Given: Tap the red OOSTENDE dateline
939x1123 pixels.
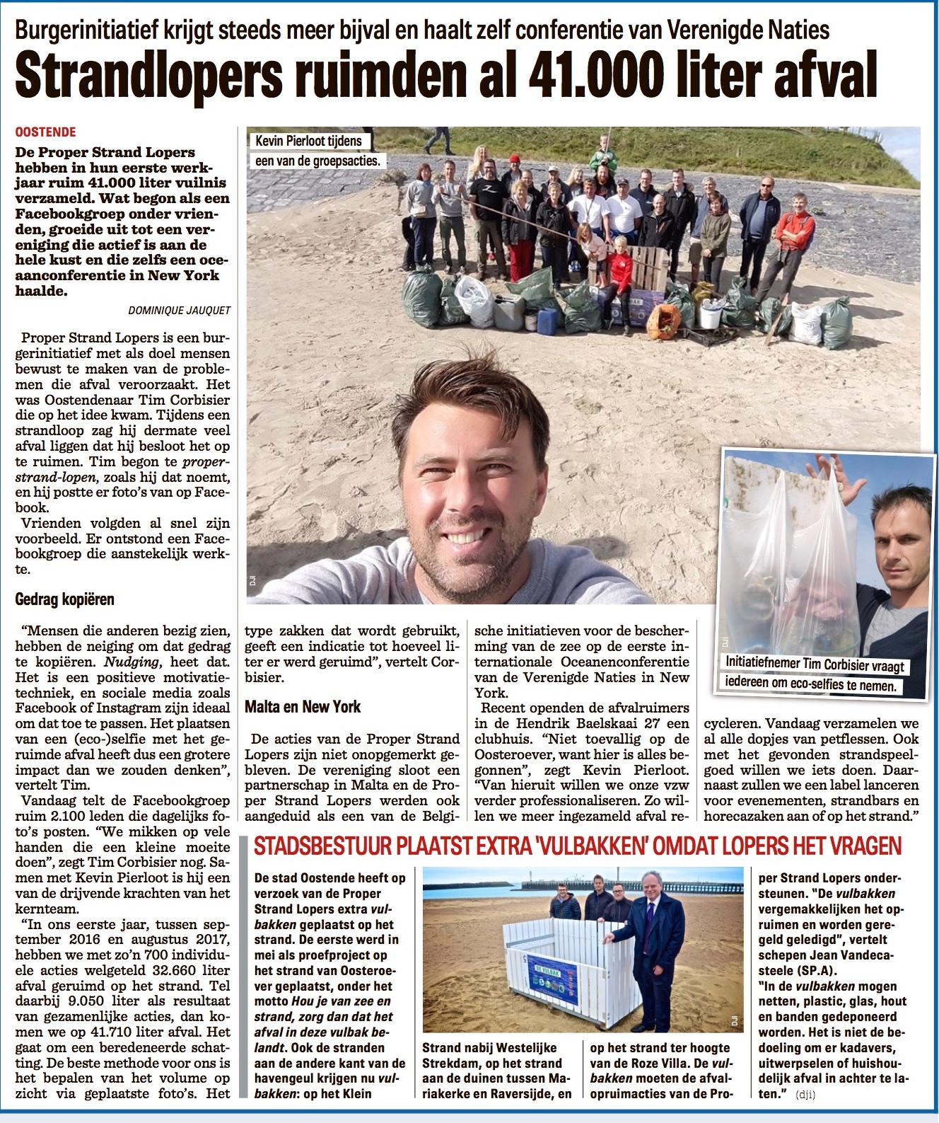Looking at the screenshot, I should point(45,132).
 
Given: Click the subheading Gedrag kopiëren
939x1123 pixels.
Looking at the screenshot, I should point(64,599).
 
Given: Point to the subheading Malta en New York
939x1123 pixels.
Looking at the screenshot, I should point(303,706).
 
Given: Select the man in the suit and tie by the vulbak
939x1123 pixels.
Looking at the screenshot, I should point(655,948).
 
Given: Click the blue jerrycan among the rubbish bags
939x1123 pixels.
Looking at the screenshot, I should point(548,321).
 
